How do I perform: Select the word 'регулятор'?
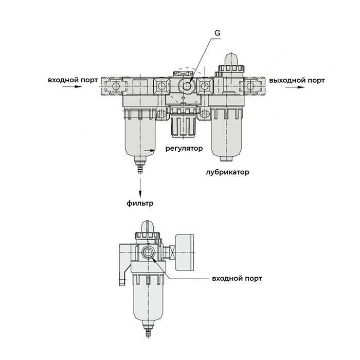point(184,149)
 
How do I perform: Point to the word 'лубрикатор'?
point(227,172)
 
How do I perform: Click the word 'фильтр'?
point(140,203)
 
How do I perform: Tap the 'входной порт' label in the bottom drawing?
point(237,278)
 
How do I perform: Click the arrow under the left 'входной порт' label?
point(71,88)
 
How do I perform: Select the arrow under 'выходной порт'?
point(294,88)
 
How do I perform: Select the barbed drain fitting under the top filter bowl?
point(139,168)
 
